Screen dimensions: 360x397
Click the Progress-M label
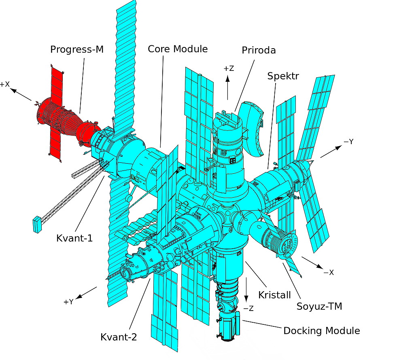[x=77, y=49]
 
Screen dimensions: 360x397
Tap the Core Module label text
[x=178, y=49]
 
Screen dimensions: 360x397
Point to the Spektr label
[x=283, y=76]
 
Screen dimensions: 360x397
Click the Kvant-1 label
[x=74, y=238]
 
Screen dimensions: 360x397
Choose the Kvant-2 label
[x=119, y=337]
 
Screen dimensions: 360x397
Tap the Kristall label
[x=274, y=295]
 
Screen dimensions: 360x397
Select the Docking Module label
[x=321, y=331]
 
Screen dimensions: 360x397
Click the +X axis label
[x=5, y=85]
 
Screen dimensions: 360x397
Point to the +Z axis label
[x=229, y=68]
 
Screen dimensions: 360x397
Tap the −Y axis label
[x=348, y=142]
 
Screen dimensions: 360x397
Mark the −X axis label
[x=328, y=273]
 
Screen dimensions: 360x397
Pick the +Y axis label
[x=68, y=302]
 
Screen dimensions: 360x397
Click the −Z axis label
[x=248, y=308]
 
